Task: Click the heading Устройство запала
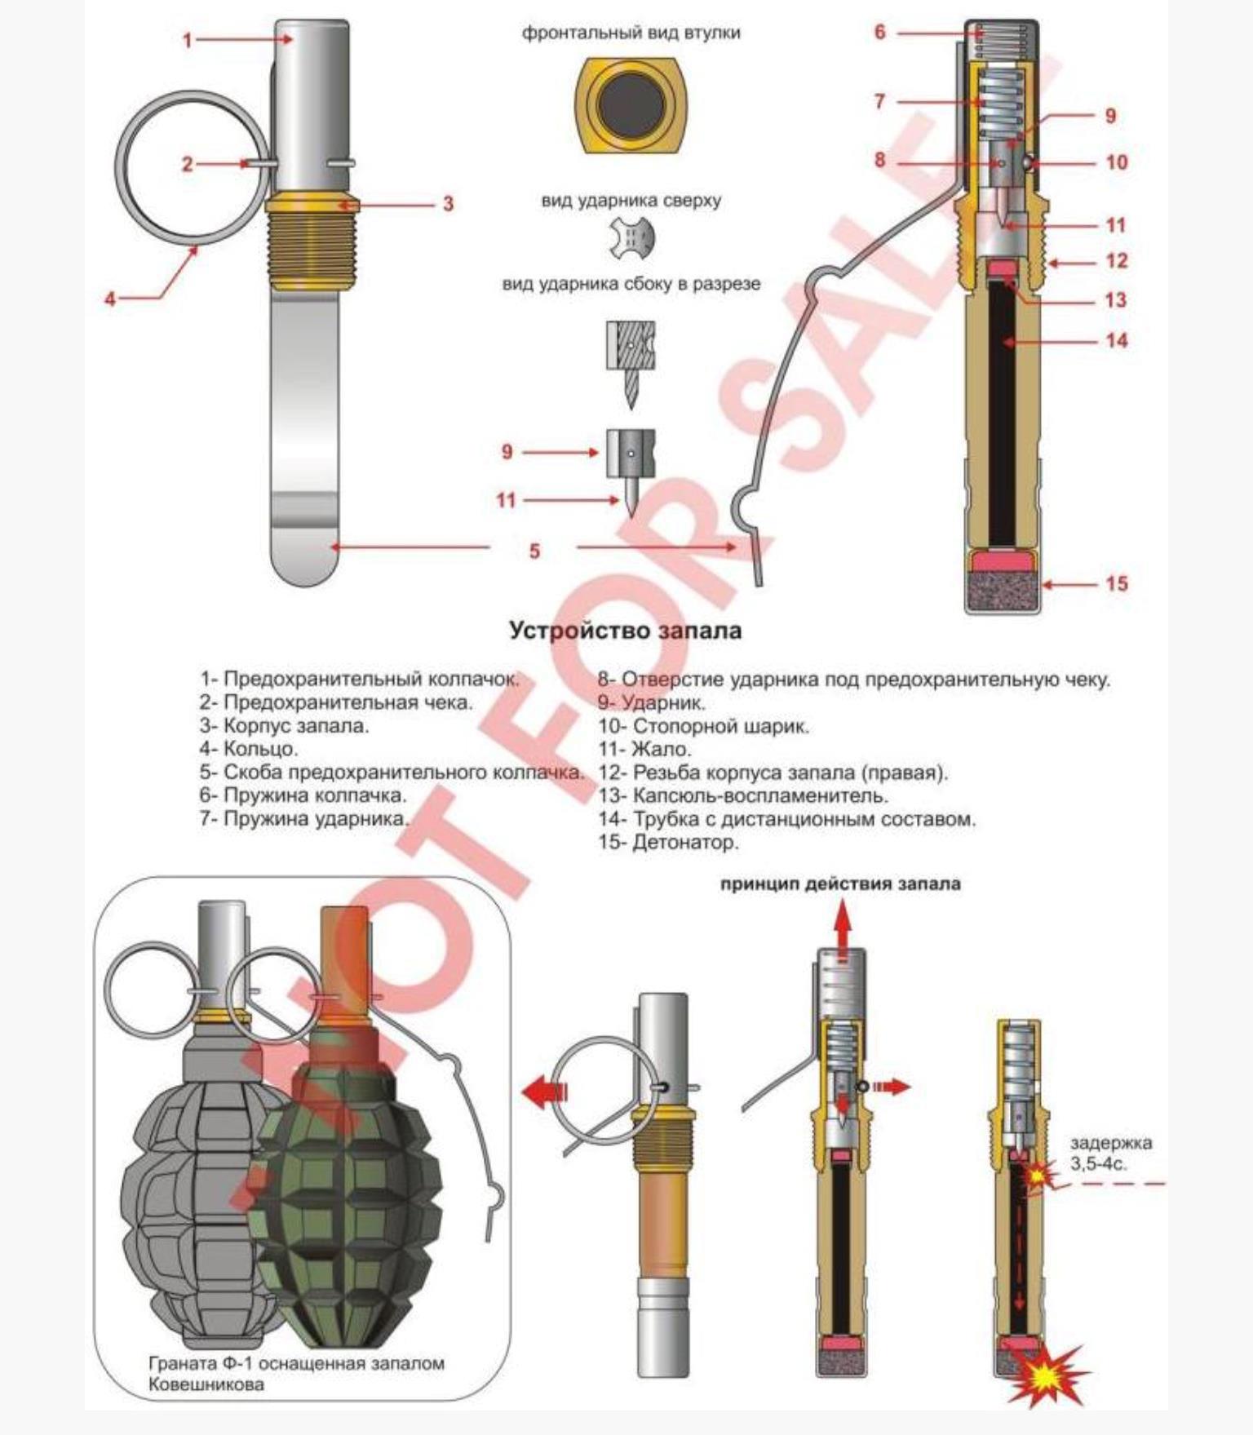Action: click(626, 631)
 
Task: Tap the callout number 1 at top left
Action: click(188, 40)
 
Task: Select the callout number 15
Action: click(1117, 583)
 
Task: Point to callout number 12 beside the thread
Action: click(1117, 261)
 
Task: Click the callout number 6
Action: click(879, 32)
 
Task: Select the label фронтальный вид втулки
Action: click(631, 33)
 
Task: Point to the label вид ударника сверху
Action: click(631, 201)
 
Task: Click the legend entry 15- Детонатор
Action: click(668, 842)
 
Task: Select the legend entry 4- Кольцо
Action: click(249, 748)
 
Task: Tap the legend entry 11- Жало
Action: click(644, 749)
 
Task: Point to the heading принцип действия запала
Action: click(840, 884)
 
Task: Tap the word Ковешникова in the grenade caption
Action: click(206, 1384)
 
